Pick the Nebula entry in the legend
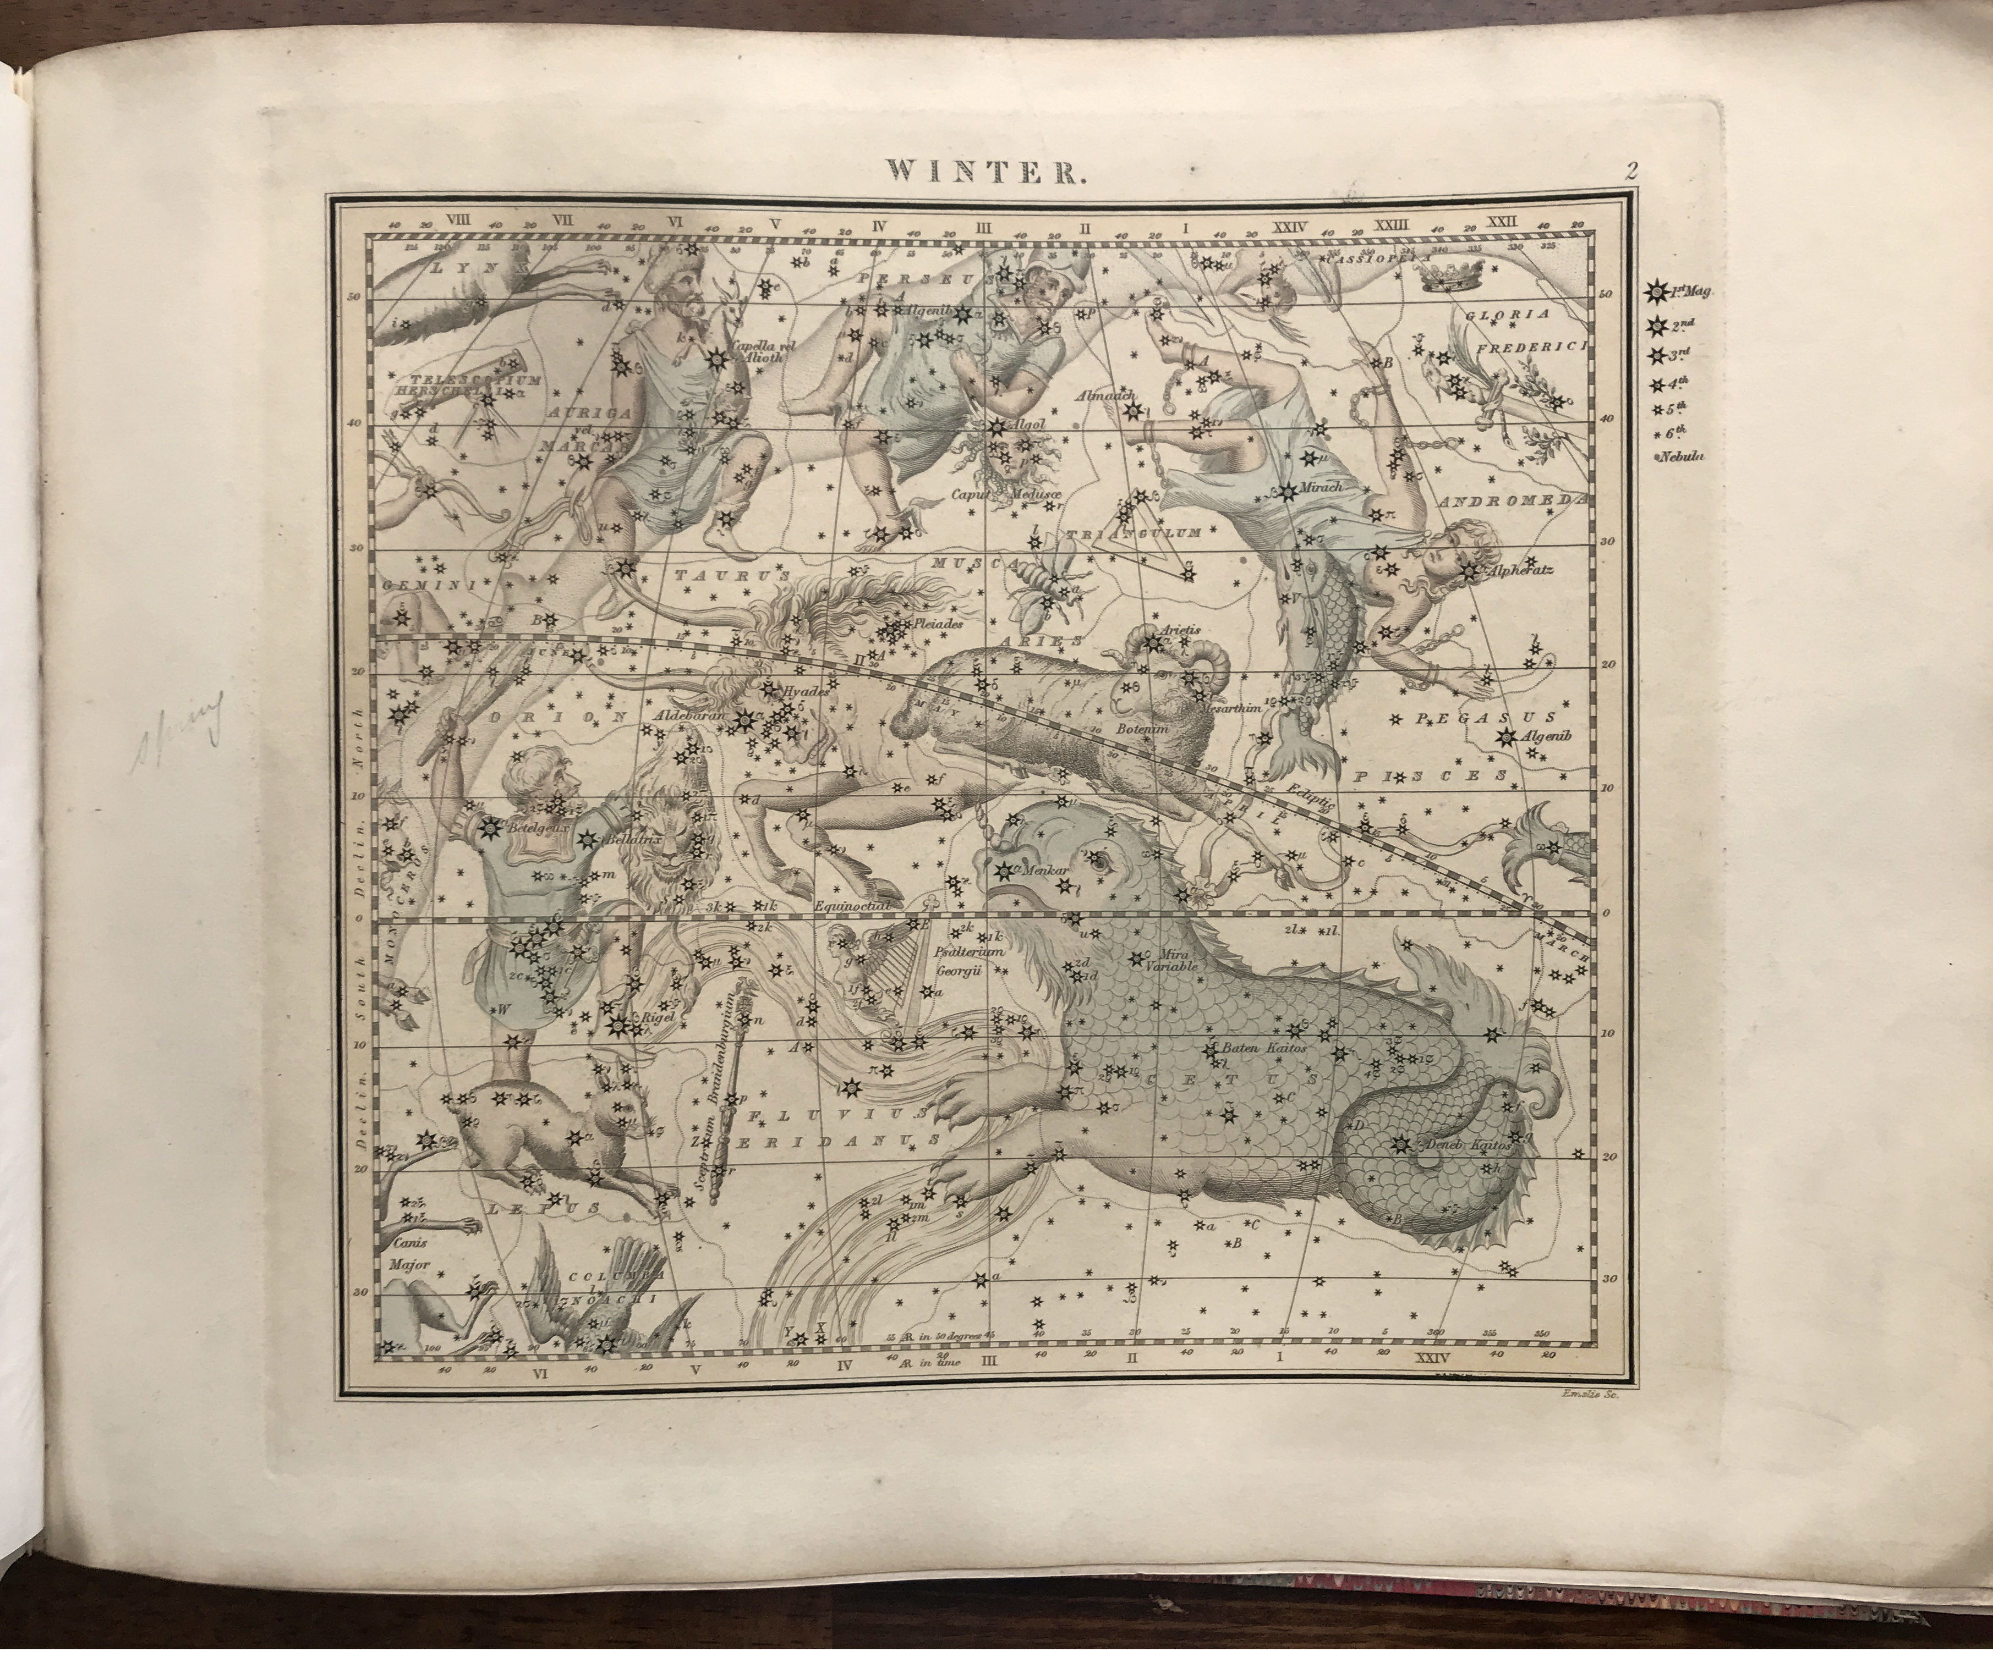coord(1682,456)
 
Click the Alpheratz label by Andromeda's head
coord(1516,572)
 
